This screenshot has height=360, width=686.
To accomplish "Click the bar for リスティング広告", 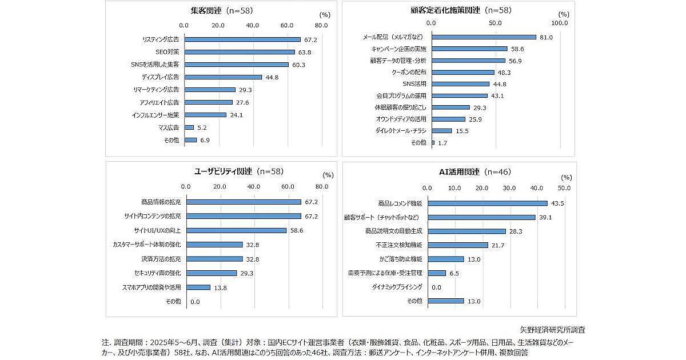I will (242, 39).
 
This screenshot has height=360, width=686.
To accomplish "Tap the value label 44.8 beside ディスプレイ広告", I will (272, 77).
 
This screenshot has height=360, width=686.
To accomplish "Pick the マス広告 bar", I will (189, 127).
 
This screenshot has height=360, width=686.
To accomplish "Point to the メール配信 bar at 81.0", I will (484, 37).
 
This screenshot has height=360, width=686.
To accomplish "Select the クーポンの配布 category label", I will (409, 73).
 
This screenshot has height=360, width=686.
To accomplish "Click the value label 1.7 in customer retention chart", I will (442, 143).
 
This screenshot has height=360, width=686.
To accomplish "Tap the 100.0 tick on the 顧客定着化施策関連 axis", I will (559, 23).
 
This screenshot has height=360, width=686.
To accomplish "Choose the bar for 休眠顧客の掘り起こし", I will (451, 107).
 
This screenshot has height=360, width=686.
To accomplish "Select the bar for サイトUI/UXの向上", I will (237, 230).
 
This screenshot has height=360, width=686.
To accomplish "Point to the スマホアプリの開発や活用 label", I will (151, 287).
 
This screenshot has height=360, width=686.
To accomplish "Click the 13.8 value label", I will (220, 287).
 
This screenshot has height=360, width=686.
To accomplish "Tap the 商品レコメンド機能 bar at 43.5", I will (488, 203).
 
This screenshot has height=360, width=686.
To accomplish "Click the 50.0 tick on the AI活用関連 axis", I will (564, 188).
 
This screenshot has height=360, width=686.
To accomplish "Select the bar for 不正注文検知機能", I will (458, 245).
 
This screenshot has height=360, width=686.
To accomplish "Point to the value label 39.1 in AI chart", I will (545, 217).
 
